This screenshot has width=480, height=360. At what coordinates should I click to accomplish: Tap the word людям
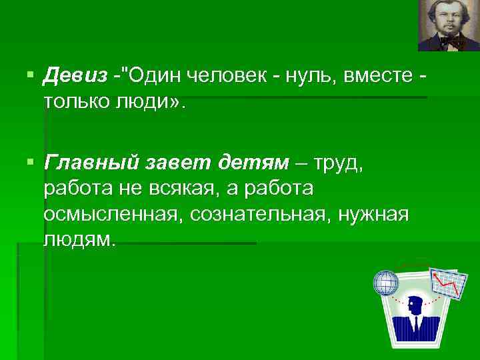point(79,239)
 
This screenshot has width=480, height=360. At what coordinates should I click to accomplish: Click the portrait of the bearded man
point(448,25)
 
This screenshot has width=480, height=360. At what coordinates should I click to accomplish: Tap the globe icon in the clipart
point(386,283)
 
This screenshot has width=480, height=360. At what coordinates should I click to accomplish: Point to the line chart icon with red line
point(447,283)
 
